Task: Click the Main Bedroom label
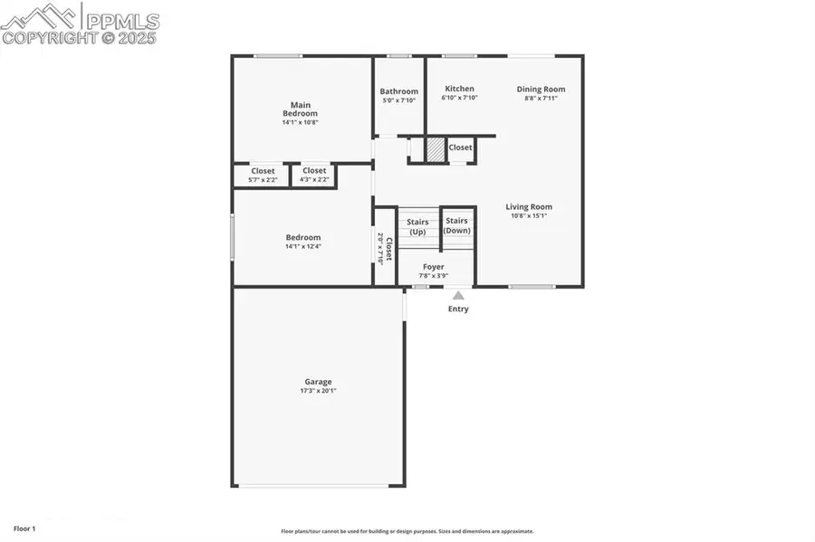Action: [x=300, y=109]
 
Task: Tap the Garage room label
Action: [x=318, y=382]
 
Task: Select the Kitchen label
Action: [x=459, y=89]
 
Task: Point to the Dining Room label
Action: [x=541, y=89]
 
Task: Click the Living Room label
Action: [x=529, y=207]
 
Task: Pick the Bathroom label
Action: [x=398, y=91]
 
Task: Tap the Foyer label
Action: [x=434, y=267]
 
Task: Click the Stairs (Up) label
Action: [x=417, y=227]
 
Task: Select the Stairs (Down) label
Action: [x=457, y=225]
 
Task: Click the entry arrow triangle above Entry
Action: [x=459, y=295]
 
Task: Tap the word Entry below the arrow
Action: [x=459, y=309]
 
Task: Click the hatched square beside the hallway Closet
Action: [x=436, y=148]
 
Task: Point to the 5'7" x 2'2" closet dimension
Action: [x=263, y=180]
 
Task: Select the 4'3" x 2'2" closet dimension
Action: [x=314, y=180]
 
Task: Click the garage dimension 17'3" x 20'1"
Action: [x=318, y=391]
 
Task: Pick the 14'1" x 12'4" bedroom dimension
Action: [x=302, y=246]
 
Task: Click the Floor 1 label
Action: [x=24, y=527]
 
